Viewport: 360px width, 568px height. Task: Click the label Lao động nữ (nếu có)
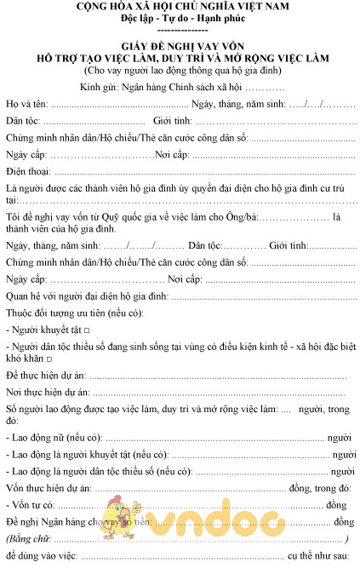coord(54,438)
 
